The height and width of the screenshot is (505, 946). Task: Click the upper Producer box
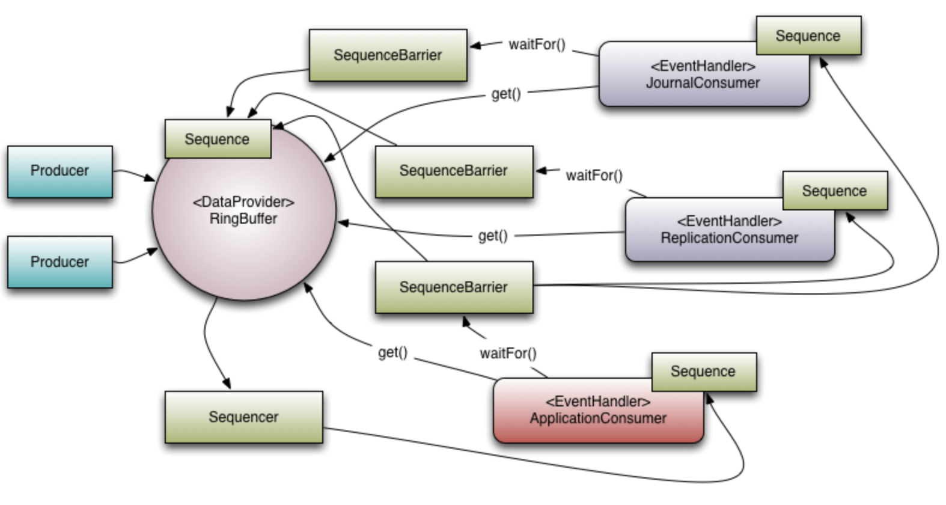[x=60, y=171]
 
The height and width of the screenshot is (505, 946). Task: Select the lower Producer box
[x=60, y=262]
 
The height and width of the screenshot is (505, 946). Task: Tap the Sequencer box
[x=243, y=417]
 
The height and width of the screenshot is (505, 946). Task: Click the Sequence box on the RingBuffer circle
[x=217, y=139]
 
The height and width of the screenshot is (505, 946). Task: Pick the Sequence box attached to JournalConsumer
[x=808, y=36]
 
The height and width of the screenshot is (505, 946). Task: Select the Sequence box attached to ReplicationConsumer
[x=834, y=191]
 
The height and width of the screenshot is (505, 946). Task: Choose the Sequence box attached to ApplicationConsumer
[x=703, y=372]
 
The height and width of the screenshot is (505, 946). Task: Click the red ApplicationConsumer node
[x=598, y=418]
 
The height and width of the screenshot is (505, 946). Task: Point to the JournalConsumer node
[x=703, y=82]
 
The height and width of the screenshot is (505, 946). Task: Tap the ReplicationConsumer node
[x=729, y=237]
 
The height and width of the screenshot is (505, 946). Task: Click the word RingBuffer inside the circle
[x=243, y=219]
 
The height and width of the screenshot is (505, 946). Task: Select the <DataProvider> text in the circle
[x=243, y=202]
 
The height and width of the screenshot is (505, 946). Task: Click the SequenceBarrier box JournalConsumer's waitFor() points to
[x=388, y=55]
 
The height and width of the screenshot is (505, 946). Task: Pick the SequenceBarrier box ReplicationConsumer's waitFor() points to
[x=454, y=171]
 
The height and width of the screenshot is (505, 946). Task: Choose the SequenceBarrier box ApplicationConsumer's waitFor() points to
[x=454, y=287]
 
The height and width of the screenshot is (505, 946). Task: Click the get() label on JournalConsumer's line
[x=506, y=94]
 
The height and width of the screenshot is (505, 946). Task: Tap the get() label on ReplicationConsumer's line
[x=493, y=236]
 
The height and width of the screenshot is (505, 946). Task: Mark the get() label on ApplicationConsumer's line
[x=392, y=352]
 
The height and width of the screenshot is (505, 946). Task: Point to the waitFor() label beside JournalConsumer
[x=537, y=45]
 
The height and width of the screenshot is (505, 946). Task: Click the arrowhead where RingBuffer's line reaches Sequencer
[x=227, y=384]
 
